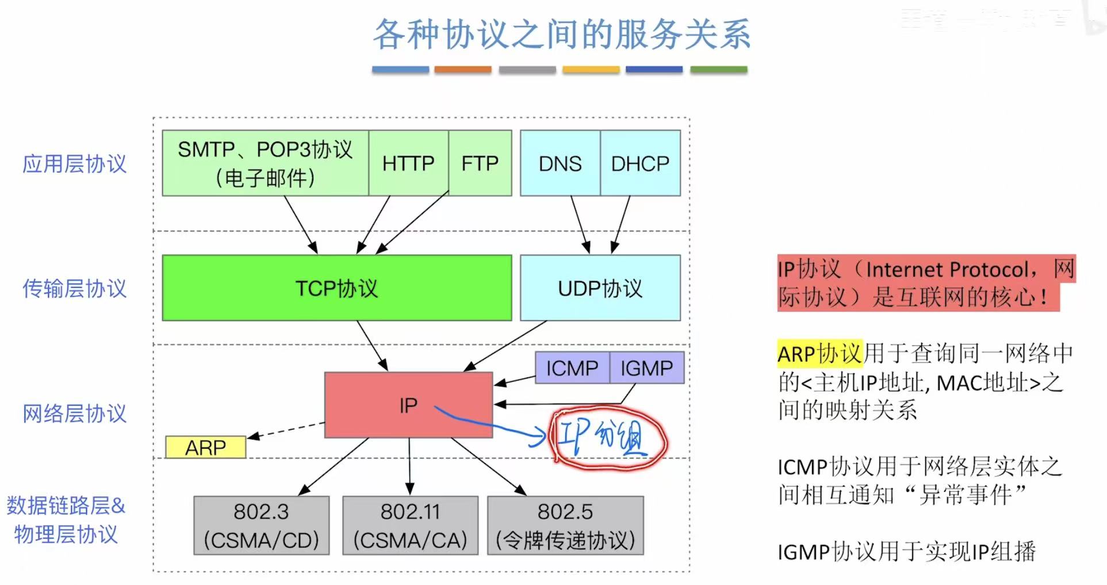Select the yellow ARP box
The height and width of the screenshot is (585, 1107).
pos(205,447)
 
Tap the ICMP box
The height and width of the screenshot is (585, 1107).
pos(572,368)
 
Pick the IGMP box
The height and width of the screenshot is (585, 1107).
pos(646,368)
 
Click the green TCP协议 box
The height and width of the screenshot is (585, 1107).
pos(336,288)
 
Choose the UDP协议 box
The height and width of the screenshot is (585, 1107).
pos(600,288)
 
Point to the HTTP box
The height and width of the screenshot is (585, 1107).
pos(408,163)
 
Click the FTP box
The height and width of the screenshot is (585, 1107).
pos(480,163)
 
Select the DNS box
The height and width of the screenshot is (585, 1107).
pos(560,163)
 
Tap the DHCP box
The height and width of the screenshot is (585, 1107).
pos(640,163)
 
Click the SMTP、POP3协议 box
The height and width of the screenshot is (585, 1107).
pos(265,163)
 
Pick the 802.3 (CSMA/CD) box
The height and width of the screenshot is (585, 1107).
pos(261,525)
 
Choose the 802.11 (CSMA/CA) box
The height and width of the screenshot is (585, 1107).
pos(410,525)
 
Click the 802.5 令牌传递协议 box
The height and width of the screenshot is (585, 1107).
pos(565,525)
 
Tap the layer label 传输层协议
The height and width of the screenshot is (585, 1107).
pos(74,288)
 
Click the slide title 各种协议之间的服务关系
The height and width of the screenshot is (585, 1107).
pos(561,34)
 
